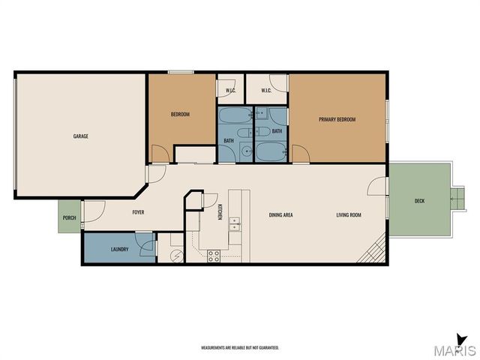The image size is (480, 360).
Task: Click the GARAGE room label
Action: point(80,136)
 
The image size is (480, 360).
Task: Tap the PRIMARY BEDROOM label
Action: point(337,119)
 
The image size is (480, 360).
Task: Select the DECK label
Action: point(419,201)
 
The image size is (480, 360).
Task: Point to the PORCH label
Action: point(69,218)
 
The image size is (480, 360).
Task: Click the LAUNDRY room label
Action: point(120,250)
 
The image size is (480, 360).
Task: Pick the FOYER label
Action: point(138,212)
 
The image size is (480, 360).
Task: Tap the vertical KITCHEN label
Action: point(220,212)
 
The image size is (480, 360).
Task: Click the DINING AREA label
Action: point(280,215)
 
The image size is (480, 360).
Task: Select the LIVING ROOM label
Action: point(349,215)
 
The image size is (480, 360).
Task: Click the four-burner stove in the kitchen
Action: point(214,256)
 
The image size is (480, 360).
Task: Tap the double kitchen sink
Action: point(235,224)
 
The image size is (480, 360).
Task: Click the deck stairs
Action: point(457,199)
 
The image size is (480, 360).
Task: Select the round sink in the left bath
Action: point(246,151)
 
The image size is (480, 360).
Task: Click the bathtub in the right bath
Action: point(271,151)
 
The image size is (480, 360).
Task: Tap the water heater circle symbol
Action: point(177,256)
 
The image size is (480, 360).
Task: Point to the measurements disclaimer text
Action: point(240,348)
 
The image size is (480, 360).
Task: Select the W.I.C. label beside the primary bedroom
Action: point(266,91)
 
